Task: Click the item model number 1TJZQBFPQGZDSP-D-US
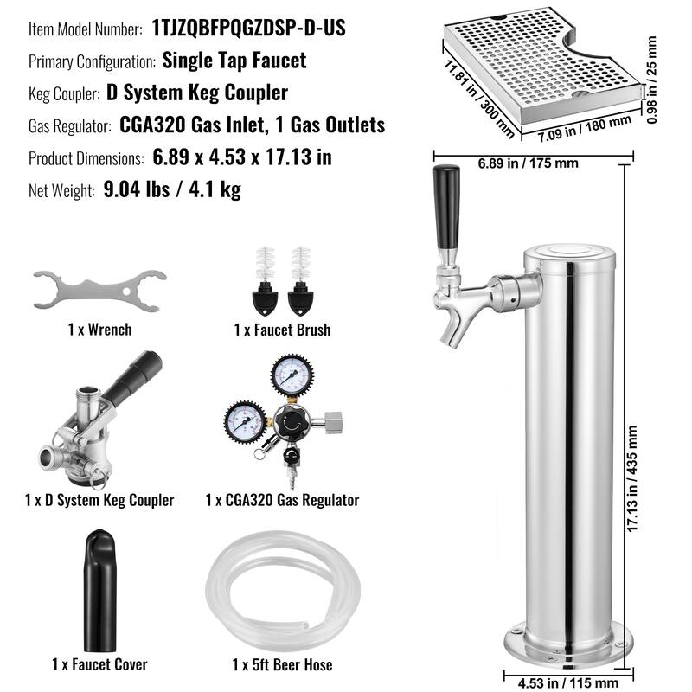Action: coord(248,29)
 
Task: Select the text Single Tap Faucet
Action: coord(234,61)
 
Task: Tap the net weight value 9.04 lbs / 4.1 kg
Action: coord(171,189)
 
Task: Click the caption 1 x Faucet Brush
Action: coord(282,330)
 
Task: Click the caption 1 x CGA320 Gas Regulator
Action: coord(282,500)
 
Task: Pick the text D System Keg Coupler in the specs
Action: coord(197,93)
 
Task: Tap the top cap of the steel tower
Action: coord(569,253)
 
